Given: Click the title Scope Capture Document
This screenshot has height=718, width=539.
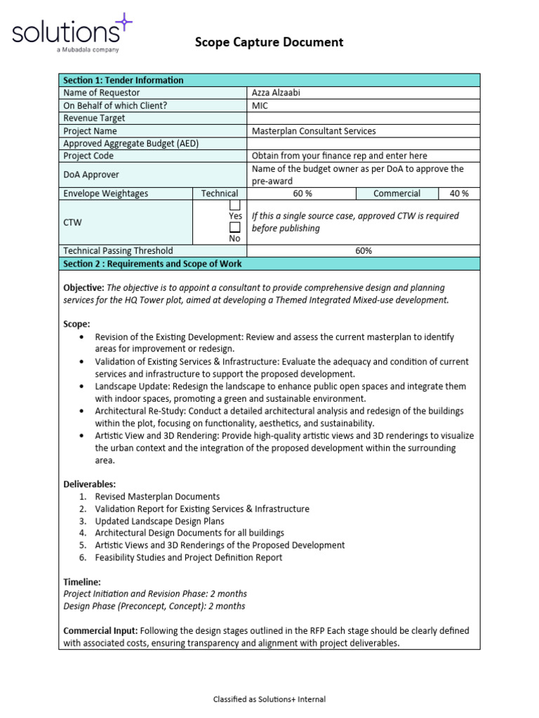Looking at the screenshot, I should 269,42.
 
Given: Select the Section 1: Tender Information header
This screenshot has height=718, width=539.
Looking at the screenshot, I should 123,80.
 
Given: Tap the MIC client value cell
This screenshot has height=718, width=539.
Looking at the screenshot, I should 260,105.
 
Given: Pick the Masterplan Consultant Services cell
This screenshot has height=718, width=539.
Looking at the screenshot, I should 314,131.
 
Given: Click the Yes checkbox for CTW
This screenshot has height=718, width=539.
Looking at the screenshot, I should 235,205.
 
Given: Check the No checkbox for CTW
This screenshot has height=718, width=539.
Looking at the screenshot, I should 235,227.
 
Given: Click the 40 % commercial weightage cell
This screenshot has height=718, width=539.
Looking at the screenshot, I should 459,194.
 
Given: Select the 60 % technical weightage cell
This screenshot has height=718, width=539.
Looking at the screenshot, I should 302,194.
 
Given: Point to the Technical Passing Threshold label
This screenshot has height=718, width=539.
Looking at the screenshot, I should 118,250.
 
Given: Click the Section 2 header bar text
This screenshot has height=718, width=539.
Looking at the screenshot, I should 152,264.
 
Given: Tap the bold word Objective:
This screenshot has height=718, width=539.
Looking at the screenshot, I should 84,287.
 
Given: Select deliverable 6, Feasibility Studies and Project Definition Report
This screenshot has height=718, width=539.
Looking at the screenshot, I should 188,557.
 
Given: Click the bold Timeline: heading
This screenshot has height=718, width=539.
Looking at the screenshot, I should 82,582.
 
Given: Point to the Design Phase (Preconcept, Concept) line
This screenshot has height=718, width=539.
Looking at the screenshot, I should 154,606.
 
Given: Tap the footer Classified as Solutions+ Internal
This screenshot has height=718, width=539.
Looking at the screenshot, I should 269,699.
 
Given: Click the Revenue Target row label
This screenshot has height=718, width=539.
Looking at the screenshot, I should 94,118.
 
